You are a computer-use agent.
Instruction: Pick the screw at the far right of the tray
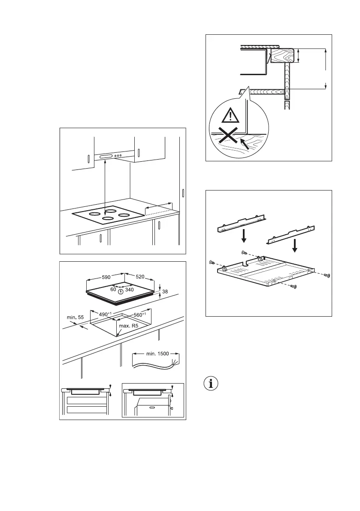327,275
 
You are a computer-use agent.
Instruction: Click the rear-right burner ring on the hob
124,215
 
